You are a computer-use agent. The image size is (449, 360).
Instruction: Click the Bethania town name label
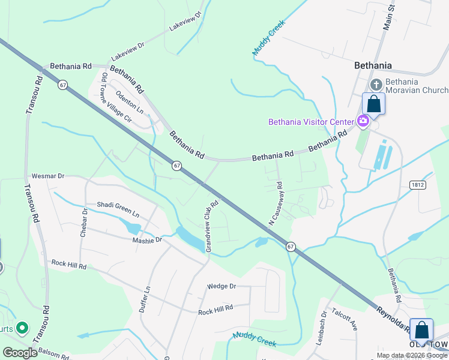coord(373,65)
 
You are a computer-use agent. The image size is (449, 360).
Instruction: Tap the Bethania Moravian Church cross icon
coord(376,85)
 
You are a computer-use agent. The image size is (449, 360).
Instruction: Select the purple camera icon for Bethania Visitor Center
coord(363,121)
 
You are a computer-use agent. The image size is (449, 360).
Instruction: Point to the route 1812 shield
coord(419,185)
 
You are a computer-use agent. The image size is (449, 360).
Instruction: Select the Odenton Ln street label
coord(130,101)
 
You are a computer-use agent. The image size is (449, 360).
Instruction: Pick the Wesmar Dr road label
coord(47,176)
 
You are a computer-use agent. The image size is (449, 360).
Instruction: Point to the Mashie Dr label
coord(147,239)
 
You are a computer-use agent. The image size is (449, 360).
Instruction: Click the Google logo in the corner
coord(20,352)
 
